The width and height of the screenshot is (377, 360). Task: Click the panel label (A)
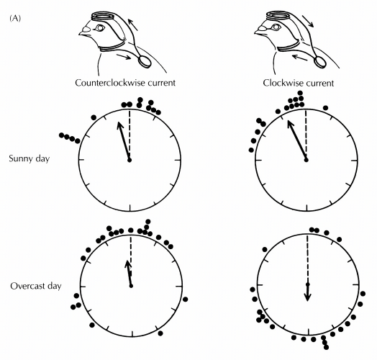(x=15, y=18)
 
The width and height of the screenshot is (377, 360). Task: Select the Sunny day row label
(x=29, y=159)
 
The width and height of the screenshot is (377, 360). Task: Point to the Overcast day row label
(x=36, y=286)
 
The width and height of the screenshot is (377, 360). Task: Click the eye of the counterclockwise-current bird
(x=99, y=27)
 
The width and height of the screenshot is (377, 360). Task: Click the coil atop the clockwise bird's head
(x=278, y=16)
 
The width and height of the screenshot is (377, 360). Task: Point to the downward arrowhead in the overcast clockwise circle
(x=307, y=297)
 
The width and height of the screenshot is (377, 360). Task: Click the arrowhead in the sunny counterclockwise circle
(x=119, y=125)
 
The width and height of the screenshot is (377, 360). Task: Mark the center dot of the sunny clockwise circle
(x=306, y=160)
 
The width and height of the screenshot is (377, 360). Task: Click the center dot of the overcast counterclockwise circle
(x=131, y=286)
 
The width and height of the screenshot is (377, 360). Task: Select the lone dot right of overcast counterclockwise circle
(x=185, y=300)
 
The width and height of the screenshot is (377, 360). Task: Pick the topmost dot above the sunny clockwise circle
(x=300, y=93)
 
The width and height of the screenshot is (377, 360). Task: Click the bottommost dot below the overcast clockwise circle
(x=326, y=347)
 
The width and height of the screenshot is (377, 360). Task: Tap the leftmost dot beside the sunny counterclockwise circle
(x=61, y=135)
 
